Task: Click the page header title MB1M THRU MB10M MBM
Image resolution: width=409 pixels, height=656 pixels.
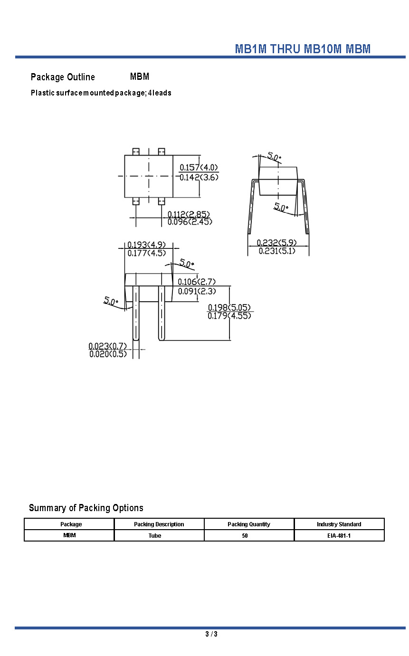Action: [303, 49]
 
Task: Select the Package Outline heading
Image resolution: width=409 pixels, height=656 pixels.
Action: [63, 77]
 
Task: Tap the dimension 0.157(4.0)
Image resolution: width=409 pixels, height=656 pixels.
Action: [199, 167]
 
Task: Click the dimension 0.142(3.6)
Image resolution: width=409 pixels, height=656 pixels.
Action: [199, 178]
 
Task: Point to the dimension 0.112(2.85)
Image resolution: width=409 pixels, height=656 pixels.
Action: [189, 214]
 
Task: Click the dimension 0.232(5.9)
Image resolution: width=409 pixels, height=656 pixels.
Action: [276, 243]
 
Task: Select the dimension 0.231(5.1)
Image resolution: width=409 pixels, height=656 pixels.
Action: [276, 251]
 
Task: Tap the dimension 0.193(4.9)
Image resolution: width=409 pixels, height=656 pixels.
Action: [146, 245]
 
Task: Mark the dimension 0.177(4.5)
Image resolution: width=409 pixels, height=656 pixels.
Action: [146, 253]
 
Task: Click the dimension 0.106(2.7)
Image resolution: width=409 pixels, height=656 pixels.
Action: [197, 282]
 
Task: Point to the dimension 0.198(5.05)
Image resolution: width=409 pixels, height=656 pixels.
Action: [229, 308]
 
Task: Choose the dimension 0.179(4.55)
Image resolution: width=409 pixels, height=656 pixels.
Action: [229, 316]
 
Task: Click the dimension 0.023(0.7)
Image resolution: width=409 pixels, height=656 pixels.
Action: [108, 346]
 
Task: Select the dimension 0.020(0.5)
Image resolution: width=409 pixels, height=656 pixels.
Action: [108, 354]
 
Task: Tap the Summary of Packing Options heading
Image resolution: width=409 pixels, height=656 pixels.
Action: [86, 508]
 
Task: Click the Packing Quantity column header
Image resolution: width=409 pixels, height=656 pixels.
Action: [249, 524]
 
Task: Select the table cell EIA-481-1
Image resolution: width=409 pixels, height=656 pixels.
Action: [339, 536]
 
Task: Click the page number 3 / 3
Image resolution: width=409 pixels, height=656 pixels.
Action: [211, 634]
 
